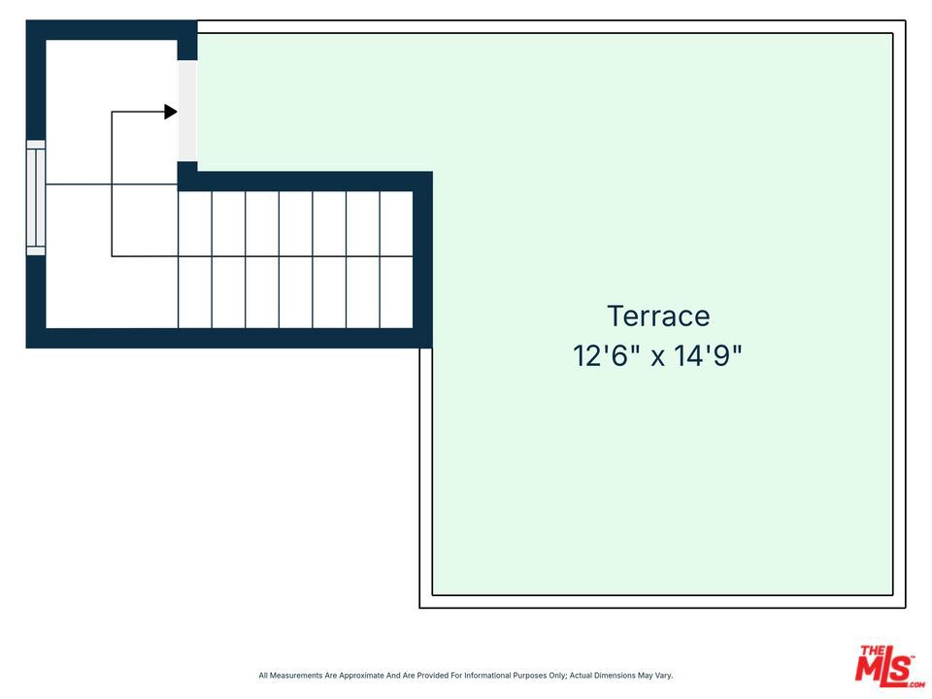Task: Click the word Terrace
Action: tap(658, 316)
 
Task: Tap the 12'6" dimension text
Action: tap(606, 356)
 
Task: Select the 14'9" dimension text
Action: tap(708, 356)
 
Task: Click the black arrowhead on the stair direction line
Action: tap(171, 112)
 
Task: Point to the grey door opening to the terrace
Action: tap(187, 111)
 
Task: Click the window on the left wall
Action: tap(36, 198)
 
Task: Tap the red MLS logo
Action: tap(888, 666)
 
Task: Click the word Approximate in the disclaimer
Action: tap(361, 676)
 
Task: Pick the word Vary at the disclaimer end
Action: tap(663, 676)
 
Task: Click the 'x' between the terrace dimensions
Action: tap(657, 358)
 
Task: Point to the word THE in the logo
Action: tap(872, 650)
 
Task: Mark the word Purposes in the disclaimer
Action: tap(530, 676)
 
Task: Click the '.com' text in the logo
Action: tap(915, 684)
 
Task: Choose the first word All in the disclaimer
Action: tap(263, 676)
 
